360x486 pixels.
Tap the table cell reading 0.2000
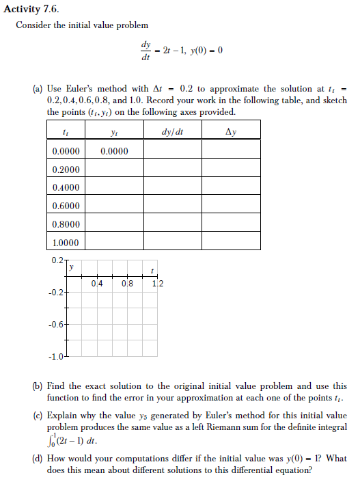click(x=66, y=169)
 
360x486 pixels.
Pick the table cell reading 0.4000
click(x=66, y=187)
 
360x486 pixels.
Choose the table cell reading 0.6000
click(x=66, y=206)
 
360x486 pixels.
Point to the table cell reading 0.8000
click(x=66, y=224)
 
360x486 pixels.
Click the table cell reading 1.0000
click(x=66, y=243)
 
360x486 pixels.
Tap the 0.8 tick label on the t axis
click(x=128, y=284)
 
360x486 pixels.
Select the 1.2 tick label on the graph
click(x=158, y=284)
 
